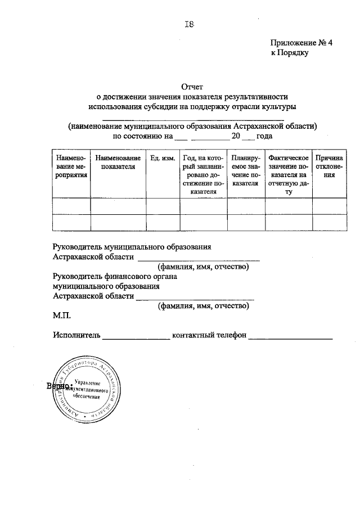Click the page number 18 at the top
[190, 23]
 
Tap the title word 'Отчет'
[191, 87]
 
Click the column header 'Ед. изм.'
[163, 159]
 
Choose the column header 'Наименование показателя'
[118, 163]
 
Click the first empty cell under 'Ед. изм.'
[163, 206]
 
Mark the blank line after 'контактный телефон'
[291, 337]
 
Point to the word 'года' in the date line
[265, 136]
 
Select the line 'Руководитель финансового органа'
[115, 276]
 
